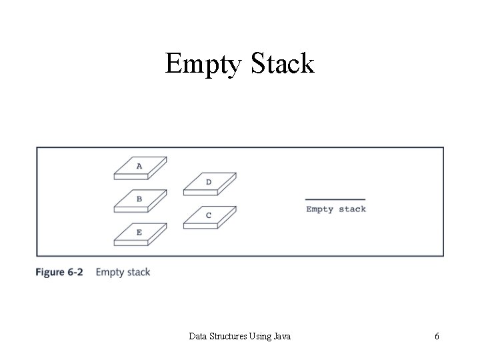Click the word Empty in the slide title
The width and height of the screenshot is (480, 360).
click(x=204, y=65)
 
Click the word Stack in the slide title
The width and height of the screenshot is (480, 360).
click(x=282, y=63)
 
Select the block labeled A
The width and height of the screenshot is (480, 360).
click(x=140, y=168)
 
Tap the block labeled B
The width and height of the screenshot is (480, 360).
click(x=140, y=201)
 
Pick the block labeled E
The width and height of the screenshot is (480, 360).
click(x=140, y=234)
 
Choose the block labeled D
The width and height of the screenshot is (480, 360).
click(x=209, y=183)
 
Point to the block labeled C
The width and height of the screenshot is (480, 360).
click(x=209, y=217)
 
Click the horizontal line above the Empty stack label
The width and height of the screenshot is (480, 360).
click(x=335, y=199)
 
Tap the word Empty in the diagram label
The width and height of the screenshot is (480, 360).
click(x=320, y=209)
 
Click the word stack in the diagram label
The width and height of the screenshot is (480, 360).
click(x=352, y=209)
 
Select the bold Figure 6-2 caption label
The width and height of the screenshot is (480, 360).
click(x=61, y=272)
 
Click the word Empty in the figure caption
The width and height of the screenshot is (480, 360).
click(x=109, y=272)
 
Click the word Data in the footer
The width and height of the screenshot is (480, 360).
click(x=198, y=337)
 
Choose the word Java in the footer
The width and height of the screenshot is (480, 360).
click(x=283, y=337)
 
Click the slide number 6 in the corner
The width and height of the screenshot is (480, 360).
click(x=437, y=337)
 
